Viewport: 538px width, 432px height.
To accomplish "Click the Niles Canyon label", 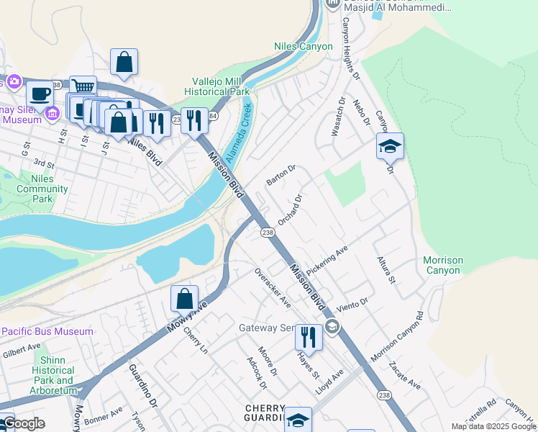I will point(304,46).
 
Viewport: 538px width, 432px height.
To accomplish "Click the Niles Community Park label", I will point(42,189).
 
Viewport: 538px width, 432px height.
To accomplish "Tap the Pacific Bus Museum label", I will point(47,331).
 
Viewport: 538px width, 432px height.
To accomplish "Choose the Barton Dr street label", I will point(281,174).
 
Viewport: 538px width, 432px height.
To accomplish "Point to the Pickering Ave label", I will point(327,258).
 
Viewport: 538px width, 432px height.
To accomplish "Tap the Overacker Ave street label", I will point(273,288).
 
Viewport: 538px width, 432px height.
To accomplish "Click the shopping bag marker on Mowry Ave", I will point(185,298).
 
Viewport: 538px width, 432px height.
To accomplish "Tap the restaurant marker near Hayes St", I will point(309,336).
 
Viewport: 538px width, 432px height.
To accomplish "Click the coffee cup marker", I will point(40,93).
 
